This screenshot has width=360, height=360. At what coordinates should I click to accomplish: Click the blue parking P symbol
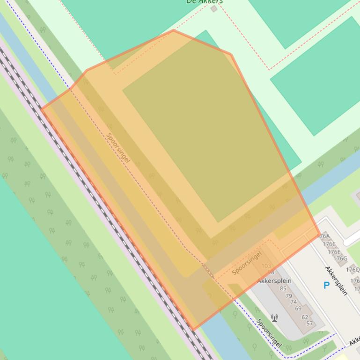click(326, 285)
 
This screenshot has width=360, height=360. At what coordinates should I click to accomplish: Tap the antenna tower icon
click(274, 318)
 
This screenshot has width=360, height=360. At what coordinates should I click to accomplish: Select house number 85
click(283, 288)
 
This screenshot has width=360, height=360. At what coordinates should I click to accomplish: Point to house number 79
click(288, 295)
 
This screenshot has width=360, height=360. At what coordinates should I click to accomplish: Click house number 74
click(294, 302)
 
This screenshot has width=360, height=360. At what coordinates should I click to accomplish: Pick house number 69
click(298, 309)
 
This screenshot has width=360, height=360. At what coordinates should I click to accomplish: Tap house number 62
click(305, 317)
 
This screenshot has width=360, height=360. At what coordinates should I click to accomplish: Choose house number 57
click(309, 324)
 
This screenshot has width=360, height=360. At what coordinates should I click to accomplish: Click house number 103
click(266, 266)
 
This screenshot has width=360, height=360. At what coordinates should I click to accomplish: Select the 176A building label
click(323, 237)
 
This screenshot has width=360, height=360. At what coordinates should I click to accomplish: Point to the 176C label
click(329, 244)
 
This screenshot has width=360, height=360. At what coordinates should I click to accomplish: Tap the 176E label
click(334, 252)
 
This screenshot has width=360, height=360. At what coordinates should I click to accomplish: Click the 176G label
click(340, 259)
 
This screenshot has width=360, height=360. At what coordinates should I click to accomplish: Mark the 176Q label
click(353, 269)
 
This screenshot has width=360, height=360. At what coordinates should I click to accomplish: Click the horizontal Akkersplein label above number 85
click(274, 281)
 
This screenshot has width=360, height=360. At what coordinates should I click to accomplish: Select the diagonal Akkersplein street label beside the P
click(336, 281)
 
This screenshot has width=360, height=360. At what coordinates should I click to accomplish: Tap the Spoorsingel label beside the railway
click(118, 148)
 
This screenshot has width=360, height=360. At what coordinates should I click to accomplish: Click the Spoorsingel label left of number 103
click(247, 263)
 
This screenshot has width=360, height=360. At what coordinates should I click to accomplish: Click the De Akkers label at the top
click(204, 1)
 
